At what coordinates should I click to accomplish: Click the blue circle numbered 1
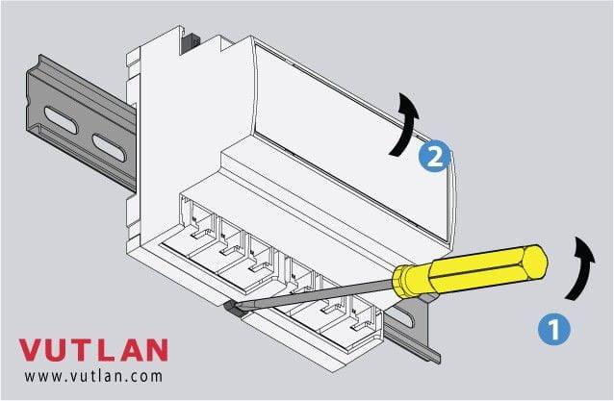554,330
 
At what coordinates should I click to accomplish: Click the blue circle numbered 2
434,157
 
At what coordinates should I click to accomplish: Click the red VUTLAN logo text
93,350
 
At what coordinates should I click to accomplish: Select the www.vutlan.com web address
93,376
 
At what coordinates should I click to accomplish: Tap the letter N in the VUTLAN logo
156,350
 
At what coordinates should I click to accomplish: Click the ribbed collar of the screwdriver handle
404,281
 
